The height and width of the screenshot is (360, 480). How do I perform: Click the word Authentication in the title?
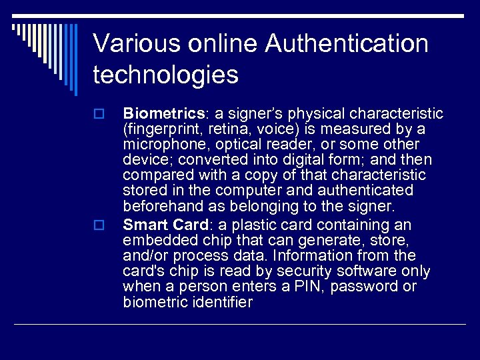347,44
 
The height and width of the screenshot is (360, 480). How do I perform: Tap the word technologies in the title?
165,75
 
